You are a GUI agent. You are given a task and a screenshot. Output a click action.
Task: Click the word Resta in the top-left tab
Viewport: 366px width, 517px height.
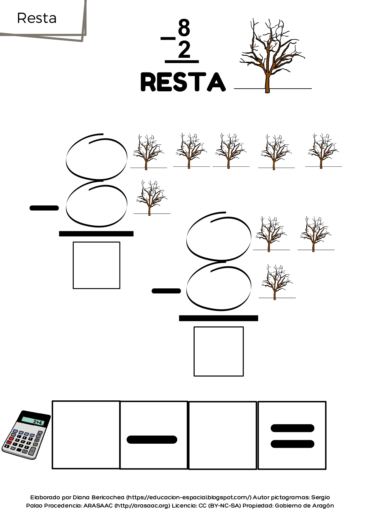pos(37,18)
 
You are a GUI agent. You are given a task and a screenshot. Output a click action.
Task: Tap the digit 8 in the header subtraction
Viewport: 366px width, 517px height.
pos(184,28)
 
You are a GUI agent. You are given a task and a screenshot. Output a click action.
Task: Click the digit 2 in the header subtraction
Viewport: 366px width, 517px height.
pos(184,50)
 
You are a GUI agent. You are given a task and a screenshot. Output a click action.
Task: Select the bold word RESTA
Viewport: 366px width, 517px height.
pos(183,82)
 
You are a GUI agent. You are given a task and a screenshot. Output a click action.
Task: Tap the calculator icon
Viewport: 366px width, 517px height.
pos(26,435)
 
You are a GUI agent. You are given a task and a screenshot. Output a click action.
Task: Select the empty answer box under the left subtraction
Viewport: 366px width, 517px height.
pos(96,265)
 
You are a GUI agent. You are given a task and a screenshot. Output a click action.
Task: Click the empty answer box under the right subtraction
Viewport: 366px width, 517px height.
pos(219,351)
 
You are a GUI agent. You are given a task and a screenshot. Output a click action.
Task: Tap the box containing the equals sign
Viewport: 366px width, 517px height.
pos(292,435)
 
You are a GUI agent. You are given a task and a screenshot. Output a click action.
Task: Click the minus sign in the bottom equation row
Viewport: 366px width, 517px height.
pos(152,440)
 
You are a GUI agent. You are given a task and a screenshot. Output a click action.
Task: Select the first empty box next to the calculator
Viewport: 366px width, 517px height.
pos(86,435)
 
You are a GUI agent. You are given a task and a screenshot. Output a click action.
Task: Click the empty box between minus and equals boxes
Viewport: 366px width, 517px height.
pos(223,435)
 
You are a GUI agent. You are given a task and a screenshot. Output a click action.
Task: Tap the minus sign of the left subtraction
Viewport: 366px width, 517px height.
pos(44,208)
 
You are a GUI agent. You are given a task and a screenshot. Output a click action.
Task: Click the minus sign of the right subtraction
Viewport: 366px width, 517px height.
pos(166,291)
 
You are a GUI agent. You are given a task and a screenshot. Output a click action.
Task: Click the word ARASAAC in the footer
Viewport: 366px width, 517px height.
pos(98,506)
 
